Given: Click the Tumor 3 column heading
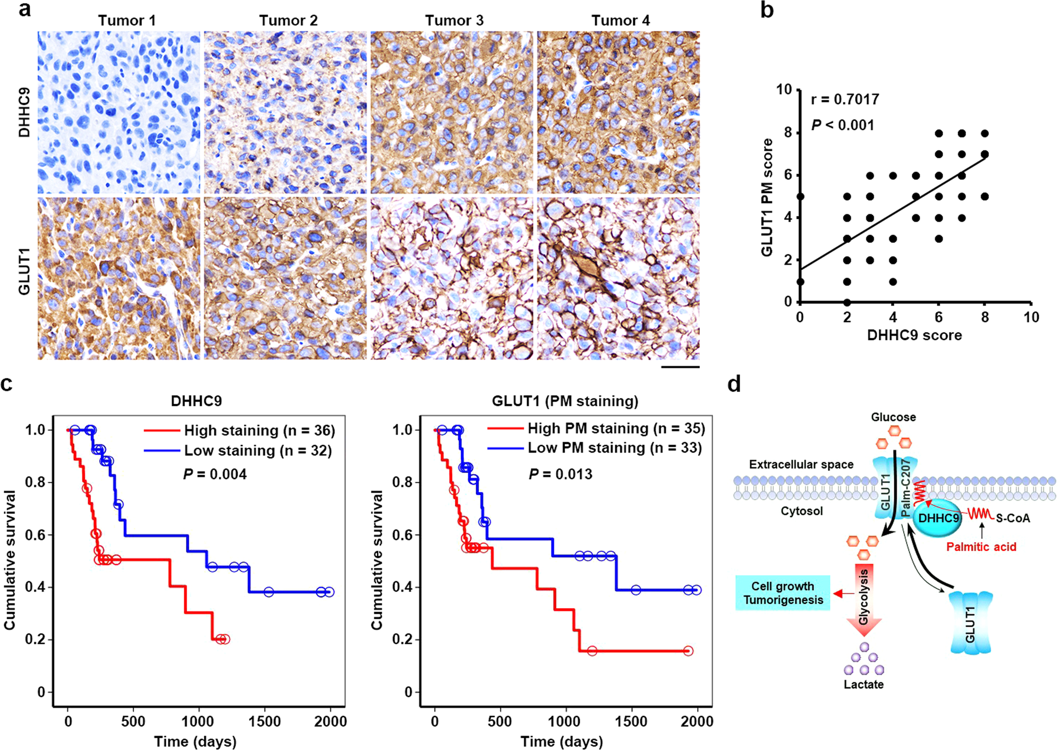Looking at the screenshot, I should tap(454, 20).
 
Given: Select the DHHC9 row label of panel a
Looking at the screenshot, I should tap(24, 112).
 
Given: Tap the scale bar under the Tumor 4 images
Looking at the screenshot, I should tap(681, 367).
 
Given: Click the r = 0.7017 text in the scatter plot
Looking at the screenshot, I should tap(845, 99).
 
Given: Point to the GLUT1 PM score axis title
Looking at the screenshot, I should tap(767, 197).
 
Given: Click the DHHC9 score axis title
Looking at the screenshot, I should tap(914, 335).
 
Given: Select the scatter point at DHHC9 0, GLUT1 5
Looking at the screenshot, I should tap(801, 197).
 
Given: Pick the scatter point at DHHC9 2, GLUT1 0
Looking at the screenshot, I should tap(847, 302).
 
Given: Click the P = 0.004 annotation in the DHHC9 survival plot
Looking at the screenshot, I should tap(215, 474).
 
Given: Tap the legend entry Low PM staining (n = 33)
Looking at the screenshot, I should tap(614, 448).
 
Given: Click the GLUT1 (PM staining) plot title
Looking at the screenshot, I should tap(565, 400).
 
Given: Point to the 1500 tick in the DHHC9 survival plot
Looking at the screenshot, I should tap(265, 721).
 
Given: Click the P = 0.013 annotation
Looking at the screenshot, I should tap(561, 474).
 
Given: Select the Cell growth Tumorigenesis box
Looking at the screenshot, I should tap(783, 593).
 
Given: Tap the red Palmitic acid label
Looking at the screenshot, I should tap(981, 547).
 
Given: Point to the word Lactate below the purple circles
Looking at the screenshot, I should tap(863, 684).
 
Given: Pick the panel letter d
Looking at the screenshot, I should tap(734, 383).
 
